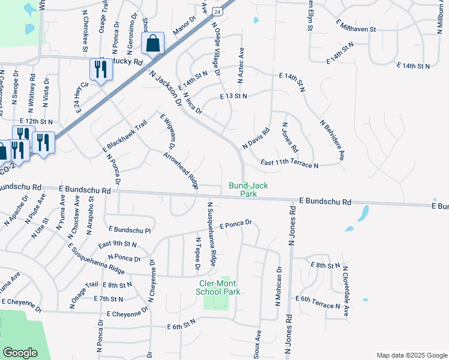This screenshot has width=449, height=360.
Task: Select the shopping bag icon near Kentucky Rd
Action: point(152,44)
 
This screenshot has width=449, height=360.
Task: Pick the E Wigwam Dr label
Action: point(167,131)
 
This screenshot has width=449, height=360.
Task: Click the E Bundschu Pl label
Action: point(130,229)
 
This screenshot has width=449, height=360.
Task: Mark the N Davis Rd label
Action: point(256,138)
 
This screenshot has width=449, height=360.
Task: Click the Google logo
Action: point(20,353)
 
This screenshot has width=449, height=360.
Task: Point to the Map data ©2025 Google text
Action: point(411,355)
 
